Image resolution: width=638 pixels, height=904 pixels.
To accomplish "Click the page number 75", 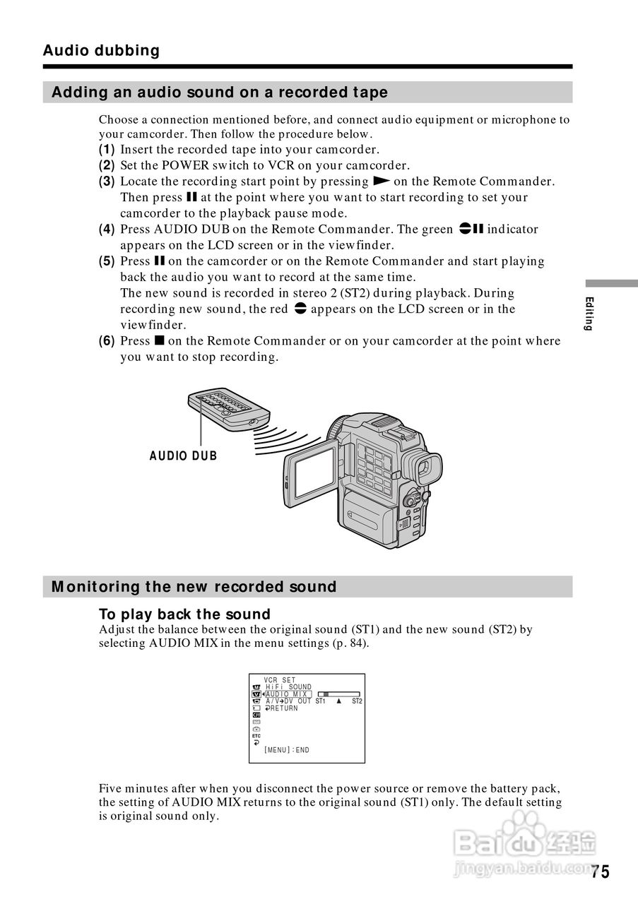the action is tap(601, 872).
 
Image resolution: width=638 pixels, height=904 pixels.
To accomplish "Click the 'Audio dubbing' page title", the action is tap(101, 51).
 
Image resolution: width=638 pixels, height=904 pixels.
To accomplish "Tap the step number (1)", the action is tap(107, 149).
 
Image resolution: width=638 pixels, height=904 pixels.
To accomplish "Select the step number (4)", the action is tap(107, 230).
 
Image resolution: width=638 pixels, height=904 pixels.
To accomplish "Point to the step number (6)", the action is tap(107, 340).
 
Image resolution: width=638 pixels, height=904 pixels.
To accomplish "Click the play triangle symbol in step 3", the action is tap(382, 181).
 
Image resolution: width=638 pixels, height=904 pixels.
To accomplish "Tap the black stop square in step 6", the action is tap(159, 340).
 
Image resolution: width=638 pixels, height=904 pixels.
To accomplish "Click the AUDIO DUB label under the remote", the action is tap(183, 456).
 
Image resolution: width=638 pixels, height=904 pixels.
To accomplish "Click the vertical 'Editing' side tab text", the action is tap(589, 314).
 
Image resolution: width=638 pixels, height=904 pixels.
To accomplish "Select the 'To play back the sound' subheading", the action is tap(184, 614).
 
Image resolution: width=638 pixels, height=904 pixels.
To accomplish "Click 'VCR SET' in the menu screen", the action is tap(279, 680).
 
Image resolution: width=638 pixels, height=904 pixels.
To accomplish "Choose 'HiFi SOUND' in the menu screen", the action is tap(288, 687).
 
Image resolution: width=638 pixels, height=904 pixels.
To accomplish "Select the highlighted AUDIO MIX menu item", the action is tap(288, 694).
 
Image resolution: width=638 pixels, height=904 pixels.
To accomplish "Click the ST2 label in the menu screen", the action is tap(357, 701).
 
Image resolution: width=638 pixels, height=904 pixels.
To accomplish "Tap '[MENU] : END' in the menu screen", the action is tap(287, 750).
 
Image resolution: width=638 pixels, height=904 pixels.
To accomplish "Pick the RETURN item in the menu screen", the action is tap(281, 708).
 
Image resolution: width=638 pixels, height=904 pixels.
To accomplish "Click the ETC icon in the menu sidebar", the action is tap(256, 736).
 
